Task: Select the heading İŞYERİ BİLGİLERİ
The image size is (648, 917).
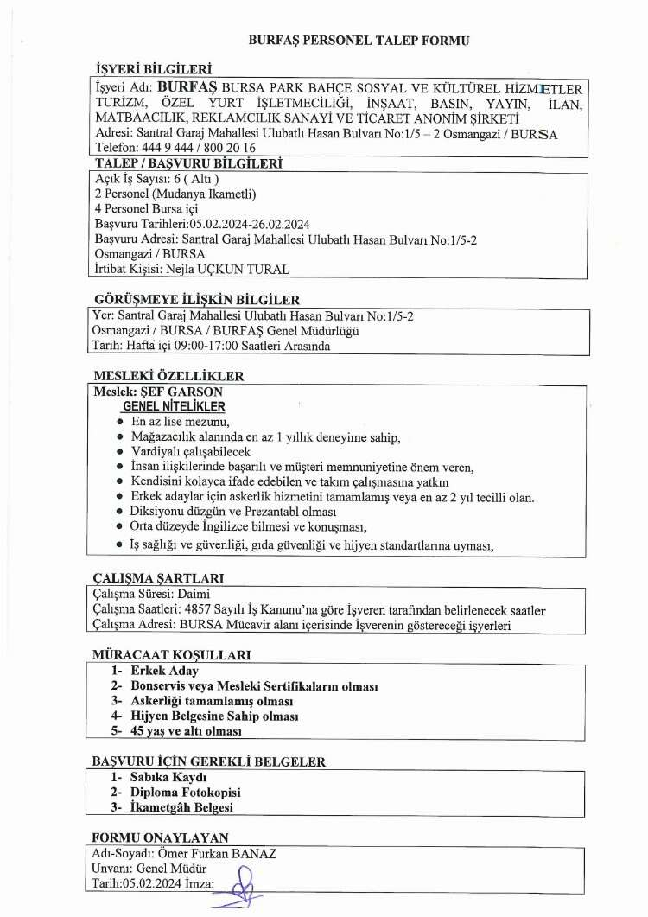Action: coord(154,69)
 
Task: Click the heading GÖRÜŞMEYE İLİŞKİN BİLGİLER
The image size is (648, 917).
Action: coord(196,300)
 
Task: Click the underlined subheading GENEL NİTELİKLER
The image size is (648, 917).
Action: coord(175,406)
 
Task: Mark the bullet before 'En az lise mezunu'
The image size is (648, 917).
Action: coord(120,421)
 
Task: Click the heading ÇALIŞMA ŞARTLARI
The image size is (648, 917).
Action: coord(158,577)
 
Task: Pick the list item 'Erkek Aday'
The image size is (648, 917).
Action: coord(164,671)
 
